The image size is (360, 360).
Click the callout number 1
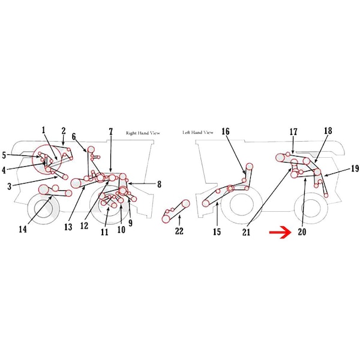43,130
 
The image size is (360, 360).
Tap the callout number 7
111,132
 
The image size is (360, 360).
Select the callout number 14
23,229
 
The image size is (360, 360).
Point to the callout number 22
179,231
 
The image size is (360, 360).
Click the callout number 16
226,131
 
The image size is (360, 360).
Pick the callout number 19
355,169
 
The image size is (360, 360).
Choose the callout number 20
302,232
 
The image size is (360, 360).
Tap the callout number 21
246,232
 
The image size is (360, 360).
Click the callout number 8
159,184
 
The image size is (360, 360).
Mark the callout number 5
4,155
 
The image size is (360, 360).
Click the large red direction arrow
280,232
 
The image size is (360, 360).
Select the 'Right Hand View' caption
143,133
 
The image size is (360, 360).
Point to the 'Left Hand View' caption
198,133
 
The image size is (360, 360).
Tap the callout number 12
84,226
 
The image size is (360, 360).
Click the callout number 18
328,131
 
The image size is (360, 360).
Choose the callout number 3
9,187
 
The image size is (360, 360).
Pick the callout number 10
121,229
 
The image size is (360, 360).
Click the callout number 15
217,232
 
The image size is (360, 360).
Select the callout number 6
74,137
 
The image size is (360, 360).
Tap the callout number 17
293,132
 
